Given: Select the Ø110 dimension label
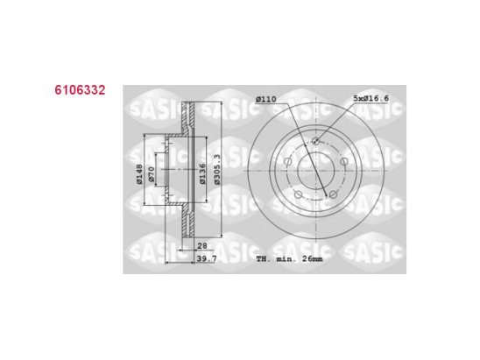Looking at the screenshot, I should [x=266, y=98].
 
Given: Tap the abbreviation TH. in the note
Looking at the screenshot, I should [x=264, y=260].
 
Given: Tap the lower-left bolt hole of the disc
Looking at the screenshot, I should [x=300, y=193].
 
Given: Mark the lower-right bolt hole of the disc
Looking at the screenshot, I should [x=335, y=193].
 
